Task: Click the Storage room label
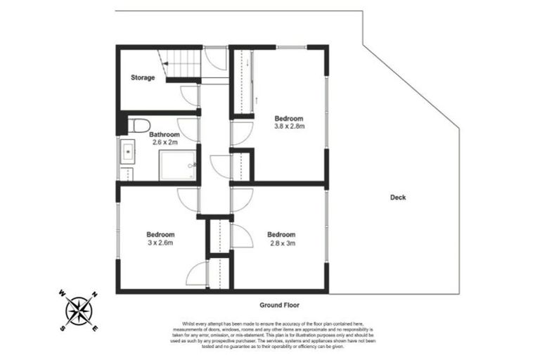coord(143,77)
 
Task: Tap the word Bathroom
coord(164,134)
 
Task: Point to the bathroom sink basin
coord(128,151)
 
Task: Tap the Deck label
coord(398,198)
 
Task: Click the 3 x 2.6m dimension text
coord(160,243)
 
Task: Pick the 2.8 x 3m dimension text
coord(281,243)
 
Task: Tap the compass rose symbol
coord(78,310)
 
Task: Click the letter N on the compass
coord(94,295)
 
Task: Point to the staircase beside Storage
coord(181,65)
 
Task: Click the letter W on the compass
coord(62,295)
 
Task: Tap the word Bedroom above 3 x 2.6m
coord(160,234)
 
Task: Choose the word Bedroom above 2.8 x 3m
coord(281,234)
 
